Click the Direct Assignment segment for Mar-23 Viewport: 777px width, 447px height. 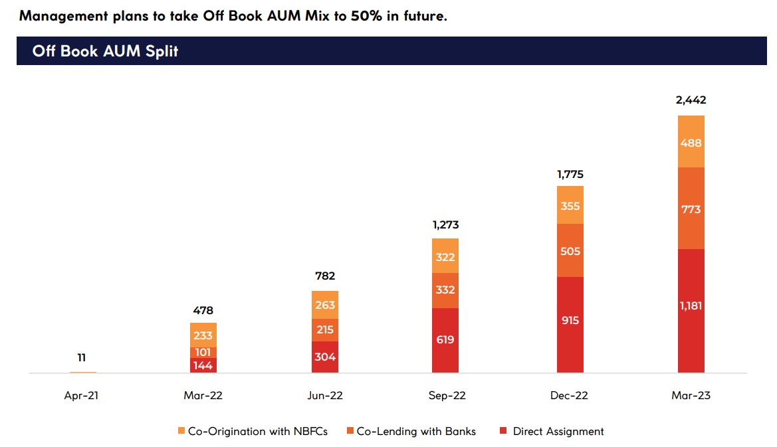[691, 310]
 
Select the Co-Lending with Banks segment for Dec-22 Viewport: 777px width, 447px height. [570, 250]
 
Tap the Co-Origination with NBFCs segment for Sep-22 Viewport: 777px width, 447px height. [445, 256]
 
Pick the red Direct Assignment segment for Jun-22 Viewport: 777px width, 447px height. [324, 357]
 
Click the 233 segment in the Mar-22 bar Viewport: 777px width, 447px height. [203, 335]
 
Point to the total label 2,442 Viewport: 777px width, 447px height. [691, 100]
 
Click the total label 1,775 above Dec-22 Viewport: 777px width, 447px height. [570, 175]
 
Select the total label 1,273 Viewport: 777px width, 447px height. [445, 225]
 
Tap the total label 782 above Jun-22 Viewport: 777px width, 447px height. [324, 276]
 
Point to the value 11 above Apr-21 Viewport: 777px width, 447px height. [83, 357]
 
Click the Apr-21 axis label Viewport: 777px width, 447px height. [83, 396]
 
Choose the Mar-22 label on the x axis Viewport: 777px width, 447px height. [203, 396]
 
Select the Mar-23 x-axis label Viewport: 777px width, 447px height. [691, 396]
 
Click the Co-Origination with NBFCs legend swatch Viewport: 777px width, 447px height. [181, 432]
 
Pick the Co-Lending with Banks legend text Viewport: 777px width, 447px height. [416, 432]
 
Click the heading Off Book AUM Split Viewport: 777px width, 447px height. [105, 51]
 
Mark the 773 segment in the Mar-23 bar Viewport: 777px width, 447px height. [691, 209]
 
